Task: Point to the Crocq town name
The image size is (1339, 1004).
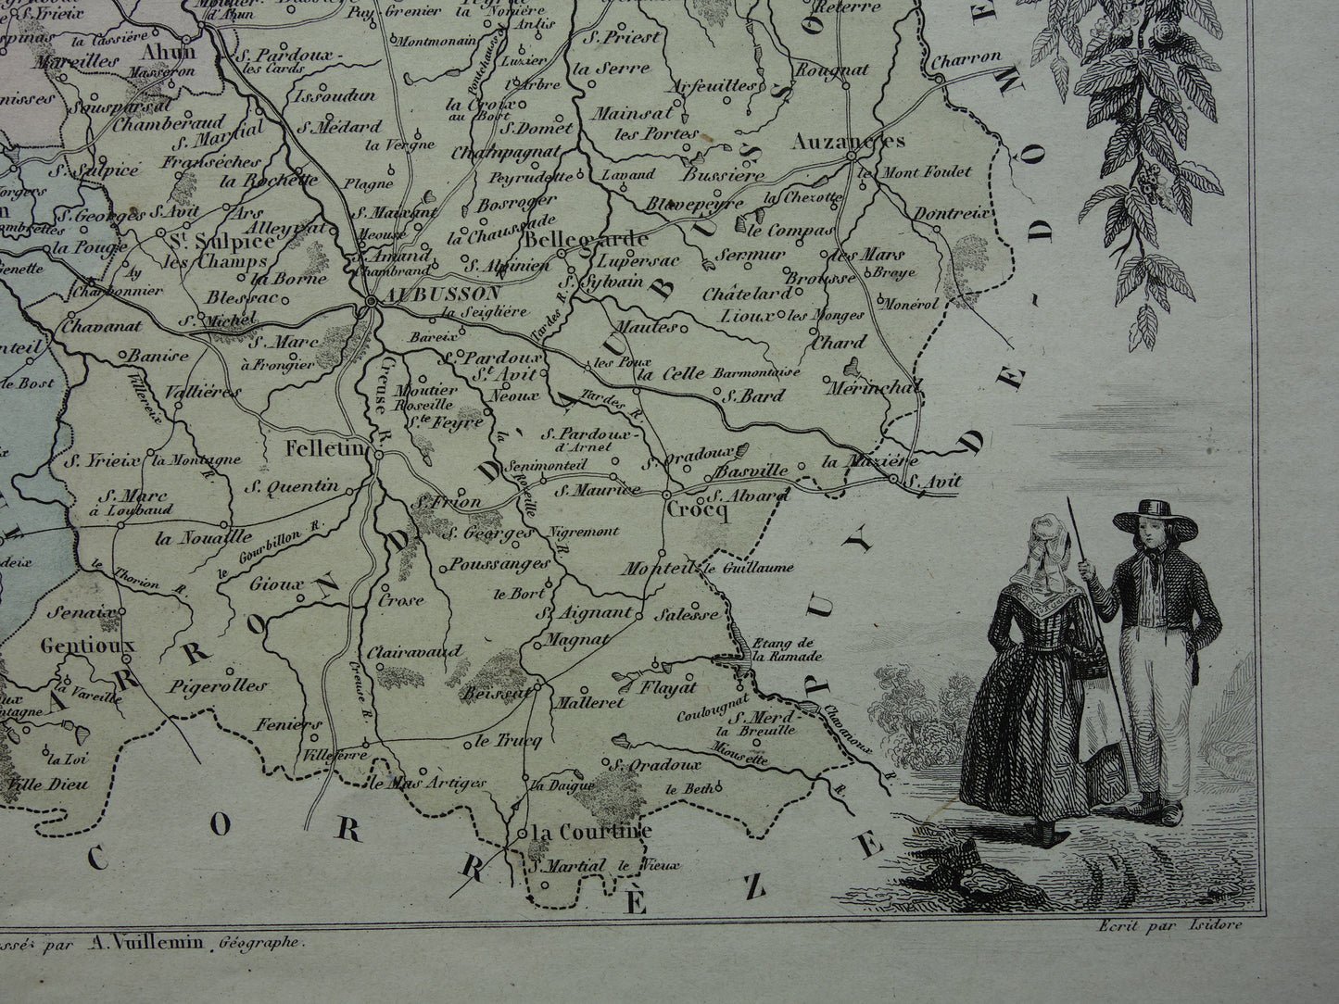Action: [x=696, y=508]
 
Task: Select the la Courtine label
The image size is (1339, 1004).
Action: [x=594, y=831]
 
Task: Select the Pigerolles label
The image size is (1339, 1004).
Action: [x=220, y=686]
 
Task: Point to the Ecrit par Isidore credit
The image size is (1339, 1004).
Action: [x=1163, y=924]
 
